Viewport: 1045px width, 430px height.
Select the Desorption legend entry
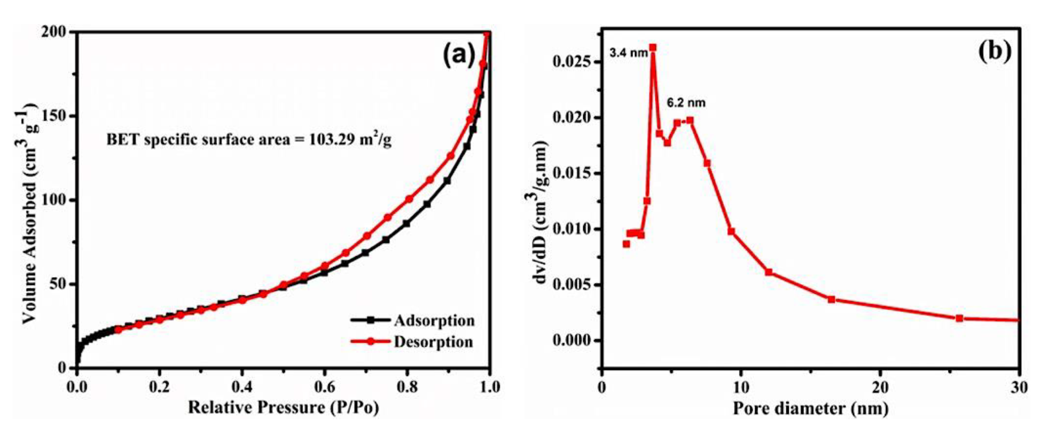[433, 341]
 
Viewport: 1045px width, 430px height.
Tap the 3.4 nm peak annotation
[628, 53]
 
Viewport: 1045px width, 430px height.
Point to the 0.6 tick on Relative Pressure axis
[324, 386]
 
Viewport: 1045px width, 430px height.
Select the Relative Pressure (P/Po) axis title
[283, 407]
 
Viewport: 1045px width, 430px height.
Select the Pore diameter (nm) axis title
[810, 408]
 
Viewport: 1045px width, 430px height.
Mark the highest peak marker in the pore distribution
[653, 47]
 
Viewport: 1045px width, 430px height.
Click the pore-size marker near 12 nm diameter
[769, 272]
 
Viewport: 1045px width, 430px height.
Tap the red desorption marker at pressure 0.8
[409, 199]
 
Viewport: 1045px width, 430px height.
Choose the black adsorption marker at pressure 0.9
[447, 181]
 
